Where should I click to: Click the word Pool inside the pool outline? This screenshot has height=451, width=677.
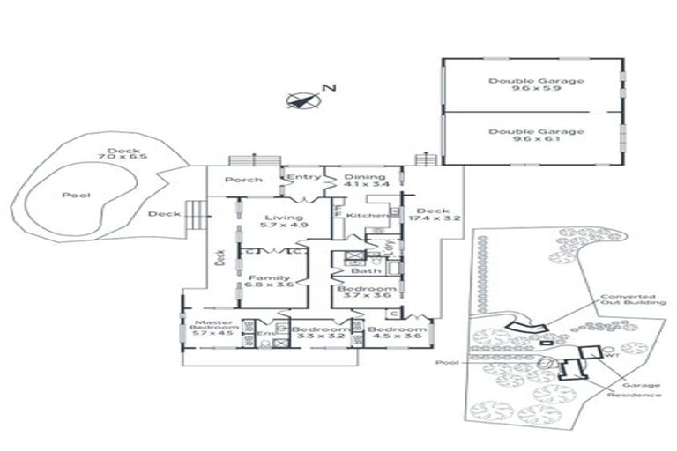point(74,196)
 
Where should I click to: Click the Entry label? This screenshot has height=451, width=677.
point(304,177)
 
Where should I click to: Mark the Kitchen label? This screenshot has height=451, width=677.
point(363,216)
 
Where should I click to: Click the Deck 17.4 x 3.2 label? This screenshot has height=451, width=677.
point(432,216)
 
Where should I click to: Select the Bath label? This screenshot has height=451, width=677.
point(361,271)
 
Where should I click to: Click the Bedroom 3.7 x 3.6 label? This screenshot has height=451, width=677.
point(366,293)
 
